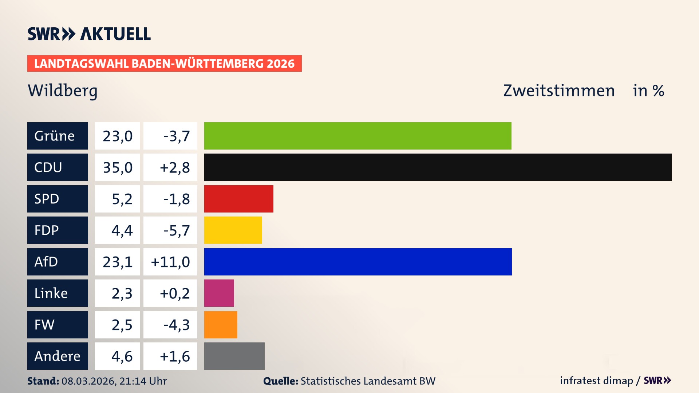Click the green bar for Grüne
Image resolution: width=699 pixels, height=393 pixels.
pyautogui.click(x=358, y=136)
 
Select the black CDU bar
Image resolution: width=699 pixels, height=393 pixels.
pyautogui.click(x=438, y=167)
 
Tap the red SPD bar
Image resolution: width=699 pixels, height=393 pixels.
pyautogui.click(x=238, y=199)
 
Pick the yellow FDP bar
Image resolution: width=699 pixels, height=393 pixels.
pyautogui.click(x=233, y=230)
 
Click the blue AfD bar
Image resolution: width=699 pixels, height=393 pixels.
pyautogui.click(x=358, y=262)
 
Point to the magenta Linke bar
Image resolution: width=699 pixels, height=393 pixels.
pyautogui.click(x=219, y=293)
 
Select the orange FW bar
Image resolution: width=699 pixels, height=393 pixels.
pyautogui.click(x=221, y=325)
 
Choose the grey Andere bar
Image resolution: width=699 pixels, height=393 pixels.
pyautogui.click(x=234, y=356)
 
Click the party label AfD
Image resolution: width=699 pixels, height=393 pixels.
pyautogui.click(x=46, y=262)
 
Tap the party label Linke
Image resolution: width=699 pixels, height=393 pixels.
pyautogui.click(x=51, y=293)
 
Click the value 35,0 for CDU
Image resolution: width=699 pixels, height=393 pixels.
pyautogui.click(x=117, y=167)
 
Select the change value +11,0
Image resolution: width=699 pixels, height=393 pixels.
pyautogui.click(x=170, y=262)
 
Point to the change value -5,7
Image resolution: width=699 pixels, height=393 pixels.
pyautogui.click(x=177, y=230)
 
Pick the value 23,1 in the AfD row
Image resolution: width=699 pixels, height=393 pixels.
pyautogui.click(x=117, y=262)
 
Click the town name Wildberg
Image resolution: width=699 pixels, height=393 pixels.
pyautogui.click(x=63, y=91)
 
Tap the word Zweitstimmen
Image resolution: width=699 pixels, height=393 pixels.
pyautogui.click(x=559, y=91)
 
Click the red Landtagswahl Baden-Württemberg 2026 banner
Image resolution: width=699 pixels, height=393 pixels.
pyautogui.click(x=164, y=64)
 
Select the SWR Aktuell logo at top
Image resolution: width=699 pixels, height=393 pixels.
pyautogui.click(x=89, y=34)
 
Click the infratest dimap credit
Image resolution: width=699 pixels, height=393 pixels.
pyautogui.click(x=596, y=381)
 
